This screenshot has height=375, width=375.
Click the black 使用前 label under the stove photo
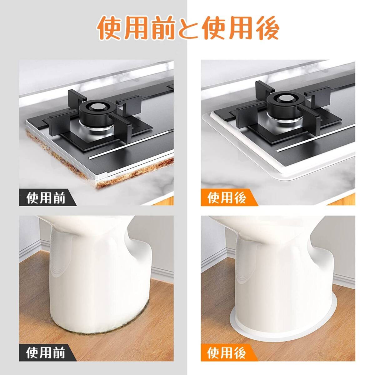tap(46, 198)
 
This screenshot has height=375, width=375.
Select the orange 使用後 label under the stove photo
tap(227, 198)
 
